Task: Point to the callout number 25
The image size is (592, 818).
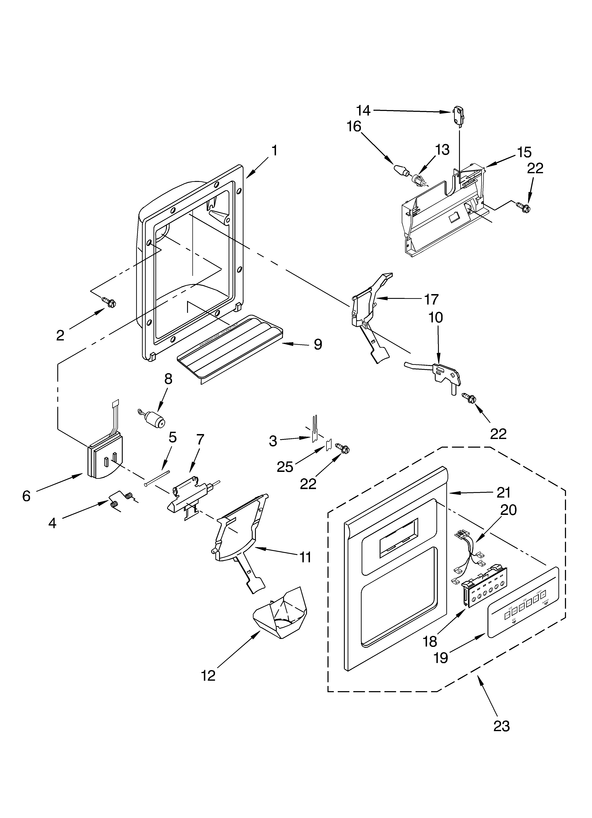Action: [285, 467]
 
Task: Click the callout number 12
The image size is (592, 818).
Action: [208, 675]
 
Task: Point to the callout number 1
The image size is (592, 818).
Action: [274, 150]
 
